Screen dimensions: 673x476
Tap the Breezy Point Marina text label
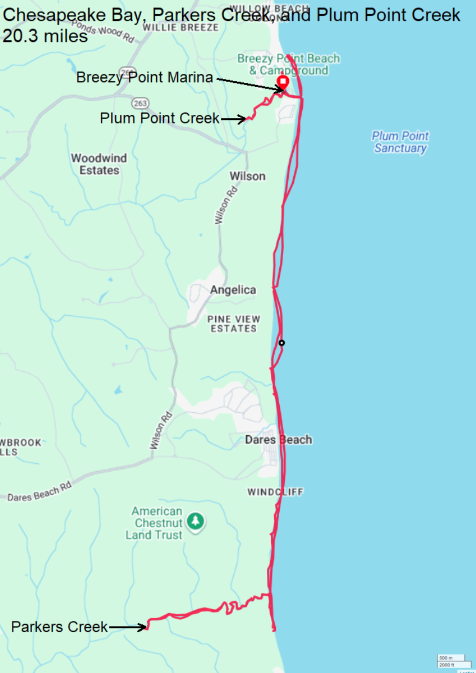(145, 77)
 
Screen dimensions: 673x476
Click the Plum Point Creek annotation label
(160, 118)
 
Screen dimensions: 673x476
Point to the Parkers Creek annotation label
(59, 627)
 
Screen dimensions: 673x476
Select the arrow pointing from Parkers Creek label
(128, 628)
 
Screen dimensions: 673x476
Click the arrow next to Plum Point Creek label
(233, 119)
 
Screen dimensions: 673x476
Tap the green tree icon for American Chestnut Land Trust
(195, 521)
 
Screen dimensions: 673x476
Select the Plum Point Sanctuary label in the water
(400, 142)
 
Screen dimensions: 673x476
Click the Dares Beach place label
(278, 440)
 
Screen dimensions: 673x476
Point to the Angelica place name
(233, 290)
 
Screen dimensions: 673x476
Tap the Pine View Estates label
(233, 324)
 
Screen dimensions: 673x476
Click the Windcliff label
(275, 492)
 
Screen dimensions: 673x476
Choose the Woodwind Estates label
(99, 164)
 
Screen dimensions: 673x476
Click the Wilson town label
(247, 176)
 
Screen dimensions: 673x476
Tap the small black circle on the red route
(281, 343)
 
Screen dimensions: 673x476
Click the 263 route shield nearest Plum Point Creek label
(140, 103)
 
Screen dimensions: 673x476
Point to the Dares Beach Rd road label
(39, 492)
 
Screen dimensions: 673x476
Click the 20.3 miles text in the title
(45, 36)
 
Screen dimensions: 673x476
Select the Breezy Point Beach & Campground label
(288, 64)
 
